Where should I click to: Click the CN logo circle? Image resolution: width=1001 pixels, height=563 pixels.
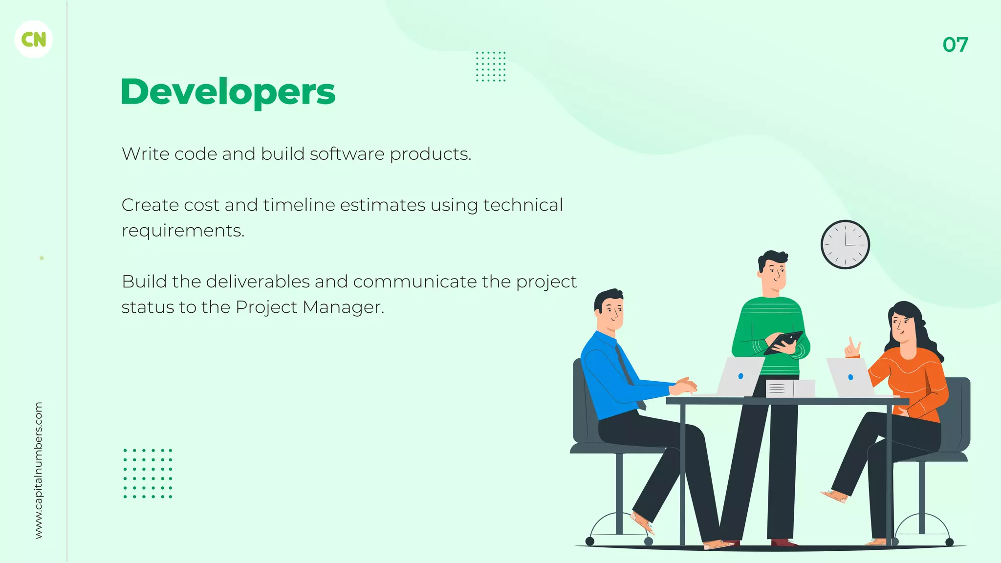pyautogui.click(x=34, y=40)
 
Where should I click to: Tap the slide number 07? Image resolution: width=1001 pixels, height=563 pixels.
pyautogui.click(x=955, y=45)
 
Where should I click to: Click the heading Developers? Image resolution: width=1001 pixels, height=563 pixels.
pyautogui.click(x=228, y=92)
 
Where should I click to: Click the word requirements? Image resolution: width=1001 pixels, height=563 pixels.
pyautogui.click(x=182, y=231)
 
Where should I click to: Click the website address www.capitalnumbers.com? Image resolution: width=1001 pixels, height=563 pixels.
pyautogui.click(x=39, y=470)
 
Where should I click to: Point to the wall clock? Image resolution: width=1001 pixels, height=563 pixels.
pyautogui.click(x=845, y=244)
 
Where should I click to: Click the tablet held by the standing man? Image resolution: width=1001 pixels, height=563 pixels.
pyautogui.click(x=783, y=342)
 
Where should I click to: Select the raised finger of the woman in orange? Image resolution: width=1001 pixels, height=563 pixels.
pyautogui.click(x=851, y=343)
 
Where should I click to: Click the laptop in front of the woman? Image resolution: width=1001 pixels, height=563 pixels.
pyautogui.click(x=849, y=377)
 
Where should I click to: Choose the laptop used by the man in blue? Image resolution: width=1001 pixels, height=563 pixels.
pyautogui.click(x=739, y=376)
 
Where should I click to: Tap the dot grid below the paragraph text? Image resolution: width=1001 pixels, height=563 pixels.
pyautogui.click(x=148, y=473)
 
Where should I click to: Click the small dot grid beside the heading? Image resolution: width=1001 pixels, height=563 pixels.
pyautogui.click(x=491, y=66)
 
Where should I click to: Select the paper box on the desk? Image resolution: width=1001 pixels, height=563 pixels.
pyautogui.click(x=790, y=389)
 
